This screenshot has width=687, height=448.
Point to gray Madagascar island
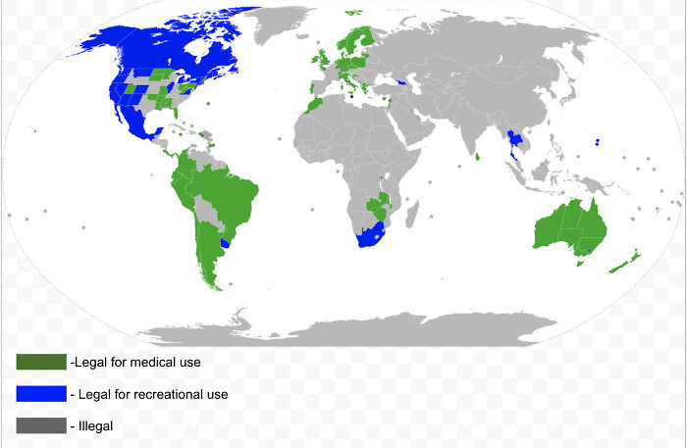414,212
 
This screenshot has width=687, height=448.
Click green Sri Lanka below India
478,155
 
